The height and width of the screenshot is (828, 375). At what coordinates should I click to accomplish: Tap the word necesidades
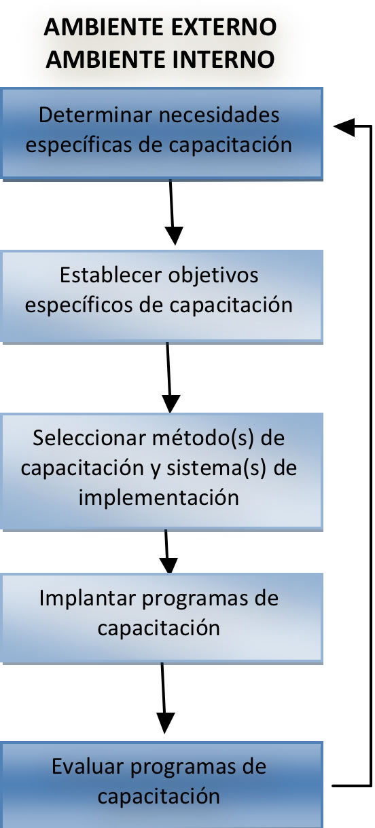tap(219, 115)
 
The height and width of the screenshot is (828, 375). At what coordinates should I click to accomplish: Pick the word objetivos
tap(213, 276)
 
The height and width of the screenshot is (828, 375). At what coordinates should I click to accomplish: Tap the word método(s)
tap(203, 438)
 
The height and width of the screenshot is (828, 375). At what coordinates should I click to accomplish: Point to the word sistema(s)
tap(217, 468)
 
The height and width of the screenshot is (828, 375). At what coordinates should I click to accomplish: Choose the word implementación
tap(159, 498)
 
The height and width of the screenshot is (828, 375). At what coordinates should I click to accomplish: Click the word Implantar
tap(88, 599)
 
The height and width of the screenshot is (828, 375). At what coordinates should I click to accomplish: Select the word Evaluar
tap(88, 767)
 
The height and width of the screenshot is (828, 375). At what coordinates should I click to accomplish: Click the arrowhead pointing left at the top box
tap(344, 127)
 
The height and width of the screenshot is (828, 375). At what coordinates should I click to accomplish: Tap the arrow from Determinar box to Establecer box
tap(173, 212)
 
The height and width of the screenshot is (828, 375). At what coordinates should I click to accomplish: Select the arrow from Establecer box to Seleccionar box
tap(169, 377)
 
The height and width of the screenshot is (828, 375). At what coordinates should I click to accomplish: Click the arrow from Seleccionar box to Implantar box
tap(167, 552)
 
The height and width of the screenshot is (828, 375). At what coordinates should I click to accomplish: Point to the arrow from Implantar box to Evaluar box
tap(164, 698)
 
